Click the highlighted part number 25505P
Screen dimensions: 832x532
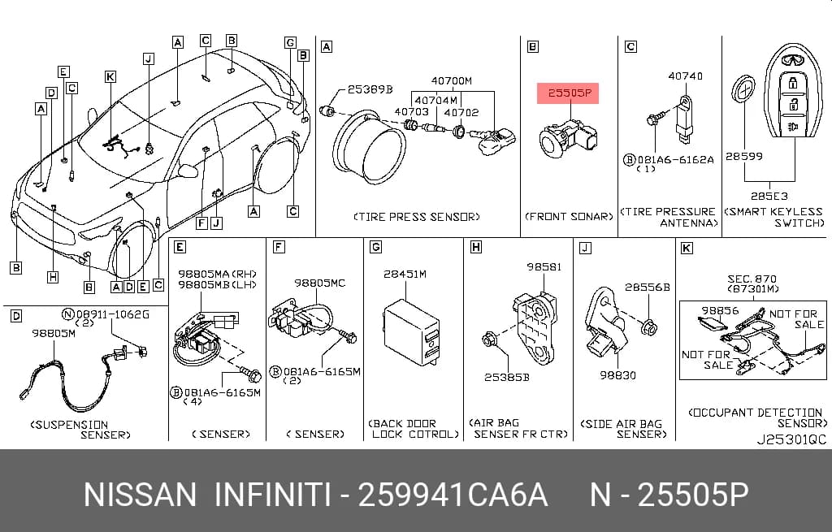(569, 93)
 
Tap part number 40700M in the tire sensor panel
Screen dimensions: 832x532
(451, 81)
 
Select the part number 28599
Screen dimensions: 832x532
(744, 157)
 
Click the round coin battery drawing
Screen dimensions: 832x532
(743, 89)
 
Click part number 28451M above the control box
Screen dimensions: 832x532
(405, 275)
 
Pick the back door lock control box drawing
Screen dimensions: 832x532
(412, 332)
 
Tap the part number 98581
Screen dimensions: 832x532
(544, 266)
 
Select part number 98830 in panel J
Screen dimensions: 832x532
(617, 375)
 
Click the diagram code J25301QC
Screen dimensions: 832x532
(791, 439)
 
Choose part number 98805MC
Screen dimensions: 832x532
(319, 283)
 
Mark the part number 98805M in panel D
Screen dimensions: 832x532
(54, 333)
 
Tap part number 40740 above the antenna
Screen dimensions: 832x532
(685, 76)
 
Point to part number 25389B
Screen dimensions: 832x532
(370, 89)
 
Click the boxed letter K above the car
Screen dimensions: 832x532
(110, 77)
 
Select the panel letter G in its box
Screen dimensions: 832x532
(375, 247)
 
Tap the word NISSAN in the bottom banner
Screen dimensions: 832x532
(140, 495)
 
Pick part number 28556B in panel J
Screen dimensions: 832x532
(648, 288)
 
